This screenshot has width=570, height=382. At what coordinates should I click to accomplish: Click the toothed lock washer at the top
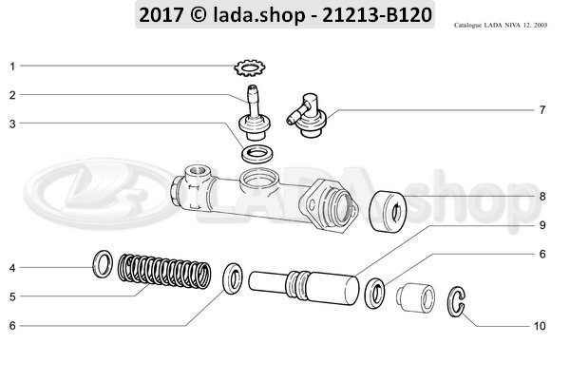[x=249, y=67]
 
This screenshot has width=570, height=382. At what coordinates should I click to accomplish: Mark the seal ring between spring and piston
[x=231, y=280]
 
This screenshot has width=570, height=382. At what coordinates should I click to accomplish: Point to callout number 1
[x=12, y=67]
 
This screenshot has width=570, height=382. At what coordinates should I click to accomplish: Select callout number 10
[x=539, y=326]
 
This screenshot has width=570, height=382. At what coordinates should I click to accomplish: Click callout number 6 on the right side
[x=541, y=254]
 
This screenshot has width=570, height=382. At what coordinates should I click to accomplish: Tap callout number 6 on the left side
[x=12, y=326]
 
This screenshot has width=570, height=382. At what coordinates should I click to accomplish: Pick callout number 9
[x=541, y=225]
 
